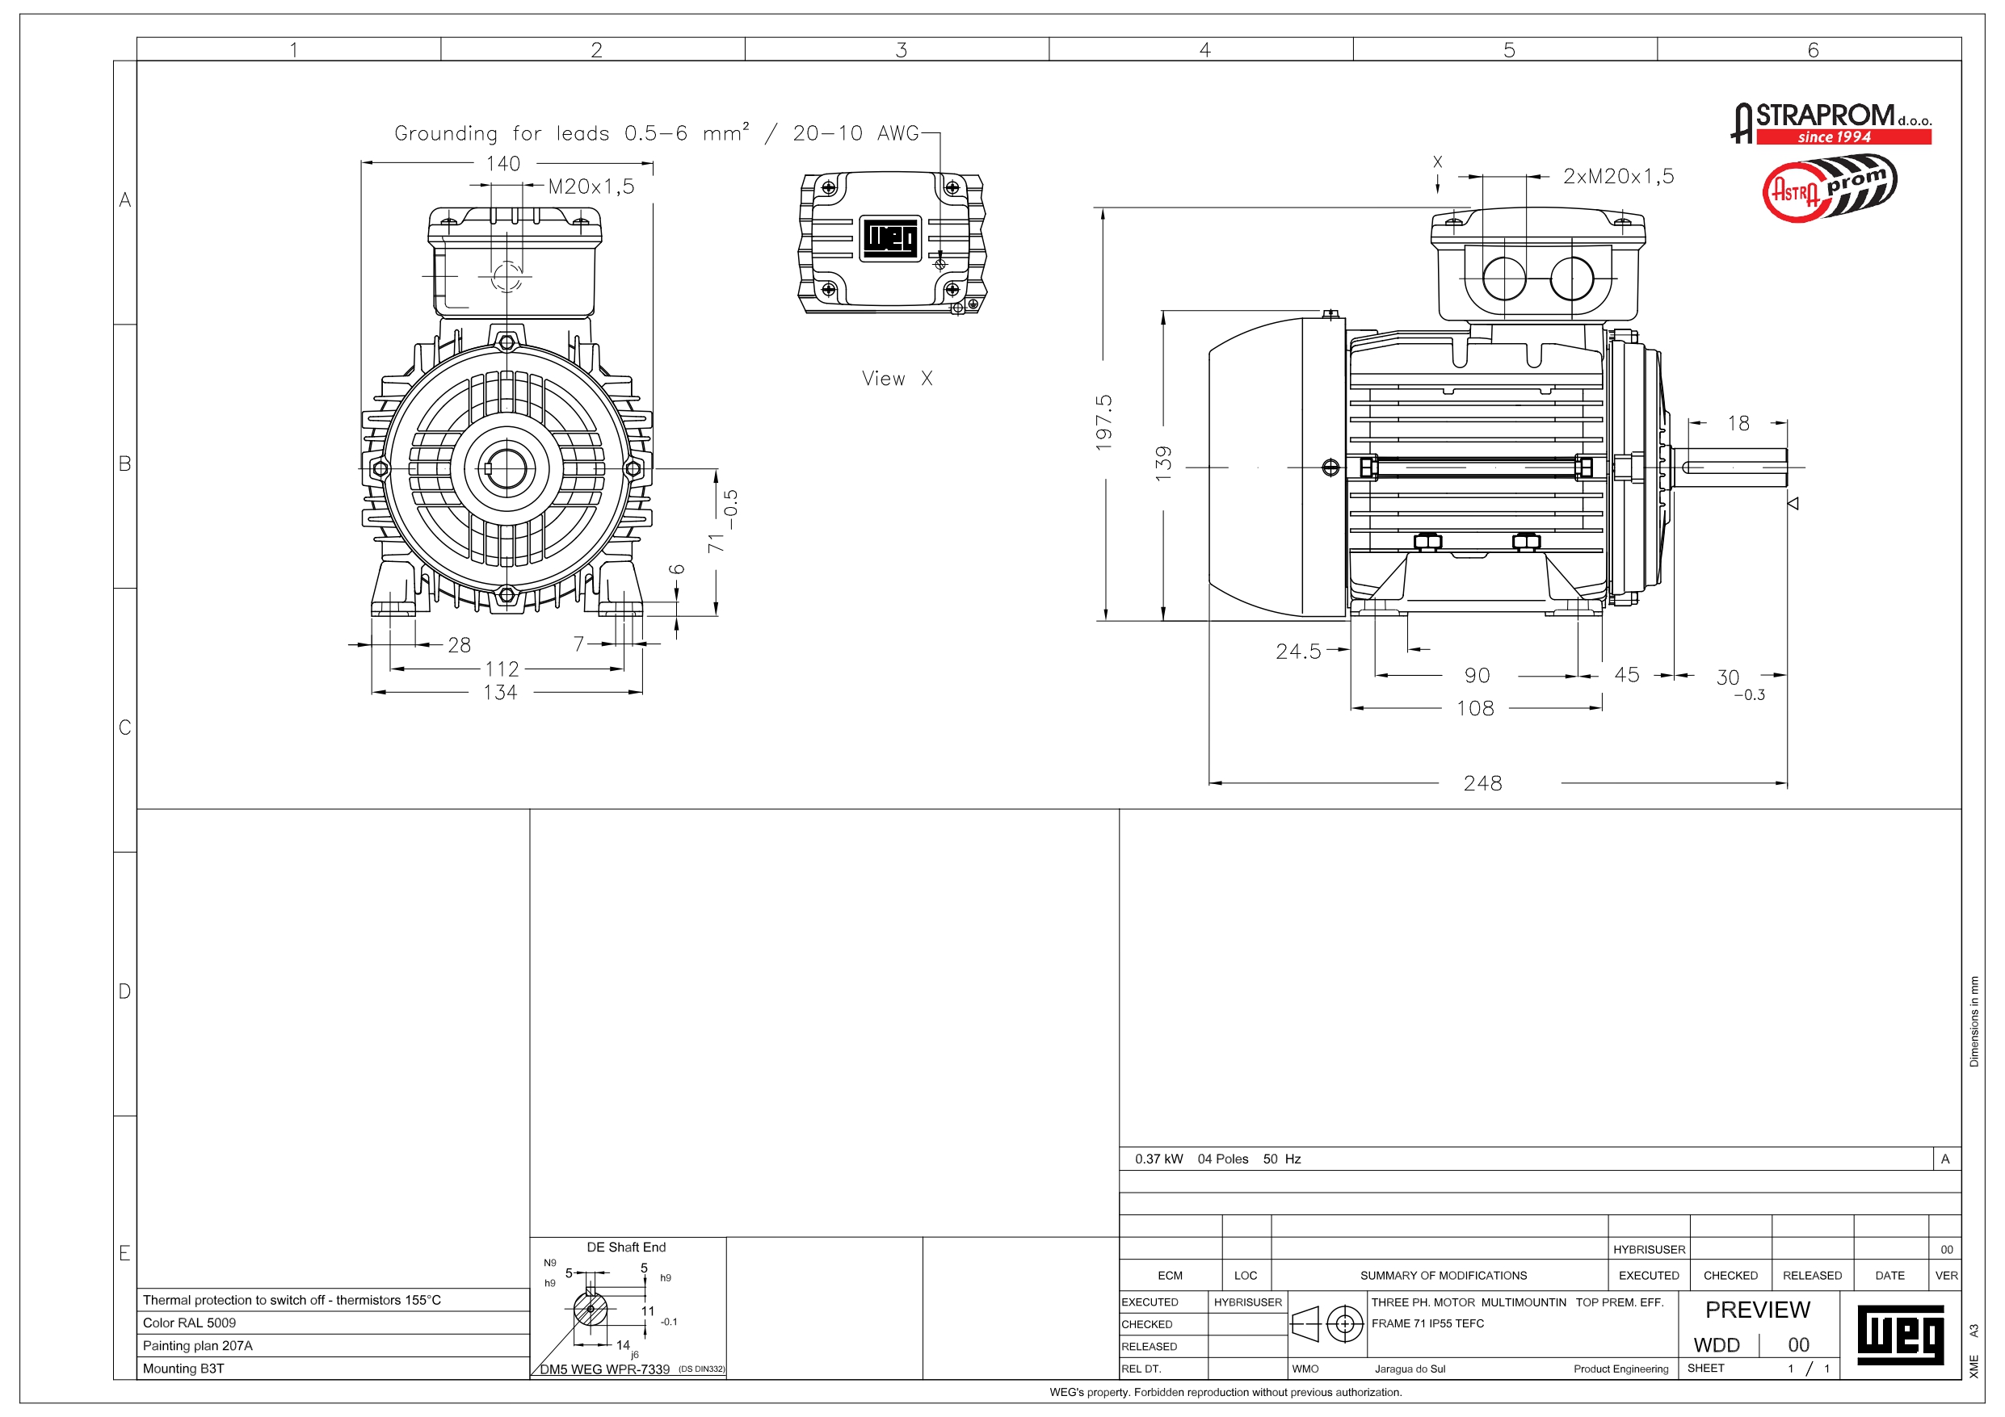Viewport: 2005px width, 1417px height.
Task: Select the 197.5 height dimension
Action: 1104,422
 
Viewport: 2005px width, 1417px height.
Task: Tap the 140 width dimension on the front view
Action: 503,163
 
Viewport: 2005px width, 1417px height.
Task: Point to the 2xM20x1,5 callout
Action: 1618,176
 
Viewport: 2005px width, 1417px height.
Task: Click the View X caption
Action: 897,378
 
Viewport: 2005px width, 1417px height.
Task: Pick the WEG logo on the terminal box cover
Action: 891,237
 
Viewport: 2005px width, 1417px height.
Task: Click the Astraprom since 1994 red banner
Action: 1843,137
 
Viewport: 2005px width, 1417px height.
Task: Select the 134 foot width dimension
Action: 500,692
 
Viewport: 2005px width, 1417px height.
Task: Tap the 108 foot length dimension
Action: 1475,708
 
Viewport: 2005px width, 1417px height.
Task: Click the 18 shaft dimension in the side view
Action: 1738,423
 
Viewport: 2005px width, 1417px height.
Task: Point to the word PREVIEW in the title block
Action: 1757,1310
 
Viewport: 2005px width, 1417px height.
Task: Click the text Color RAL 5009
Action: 190,1323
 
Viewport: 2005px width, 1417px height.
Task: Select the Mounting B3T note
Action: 183,1368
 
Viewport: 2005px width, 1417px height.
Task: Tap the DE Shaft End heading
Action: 626,1247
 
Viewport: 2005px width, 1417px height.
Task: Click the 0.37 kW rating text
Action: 1159,1159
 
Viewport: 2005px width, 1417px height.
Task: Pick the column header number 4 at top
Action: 1205,50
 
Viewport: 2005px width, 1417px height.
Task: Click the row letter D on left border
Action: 125,991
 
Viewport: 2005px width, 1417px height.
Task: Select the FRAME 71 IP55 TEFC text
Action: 1427,1323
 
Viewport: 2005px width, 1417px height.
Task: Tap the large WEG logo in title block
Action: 1899,1335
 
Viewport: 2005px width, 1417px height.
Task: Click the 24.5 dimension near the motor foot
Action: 1298,652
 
